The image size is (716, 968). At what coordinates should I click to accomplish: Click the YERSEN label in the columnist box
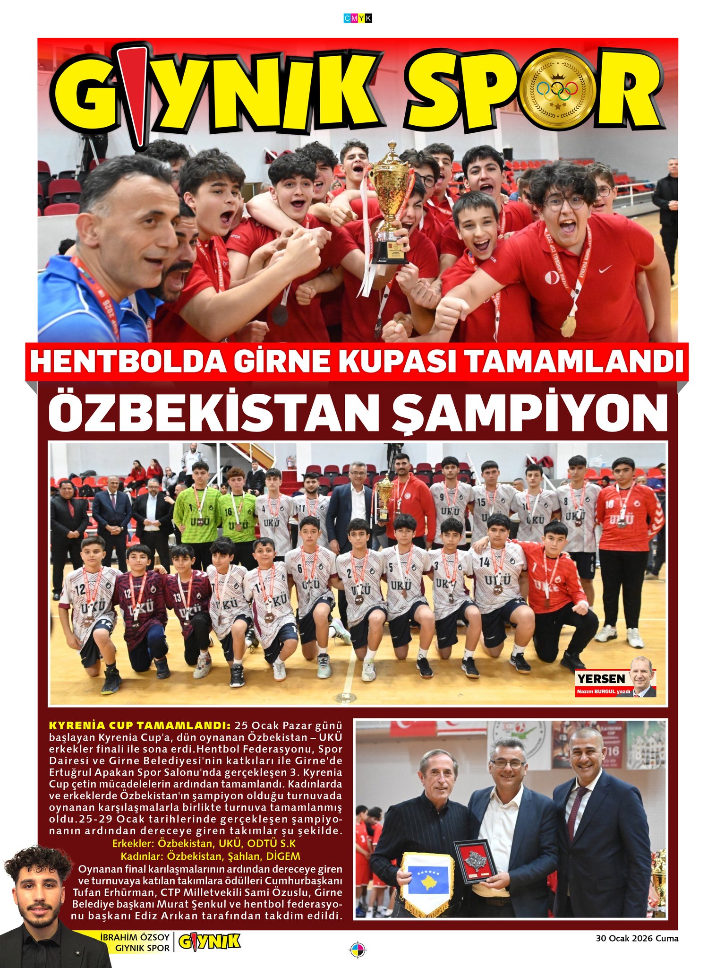pos(601,679)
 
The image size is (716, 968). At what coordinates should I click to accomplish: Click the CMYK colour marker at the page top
pos(358,18)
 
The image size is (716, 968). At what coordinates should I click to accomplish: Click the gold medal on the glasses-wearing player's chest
pos(568,326)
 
